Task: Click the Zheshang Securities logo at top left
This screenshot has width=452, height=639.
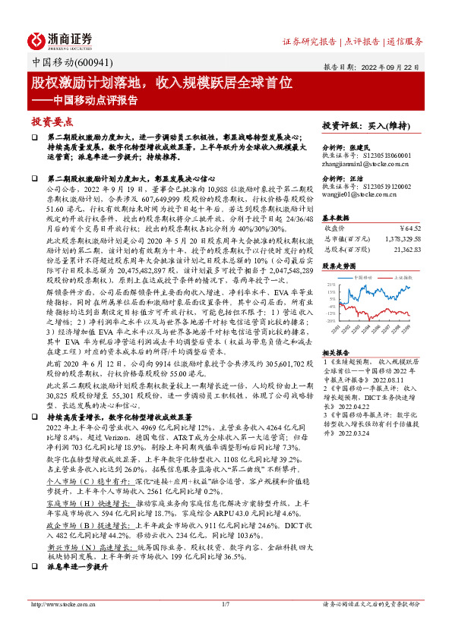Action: (x=60, y=39)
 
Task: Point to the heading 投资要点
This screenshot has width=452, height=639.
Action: (x=52, y=121)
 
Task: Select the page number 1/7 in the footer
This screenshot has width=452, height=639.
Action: (x=226, y=625)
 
